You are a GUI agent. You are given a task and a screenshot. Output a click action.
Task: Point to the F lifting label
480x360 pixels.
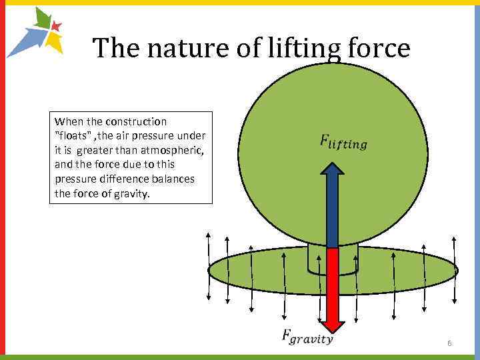343,141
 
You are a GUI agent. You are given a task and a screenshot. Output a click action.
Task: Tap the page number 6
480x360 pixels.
449,343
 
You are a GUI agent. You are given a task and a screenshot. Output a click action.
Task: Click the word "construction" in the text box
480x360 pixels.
137,121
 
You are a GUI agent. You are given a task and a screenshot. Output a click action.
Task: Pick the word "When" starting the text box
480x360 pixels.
67,121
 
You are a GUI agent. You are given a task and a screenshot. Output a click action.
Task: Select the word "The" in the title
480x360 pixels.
110,48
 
